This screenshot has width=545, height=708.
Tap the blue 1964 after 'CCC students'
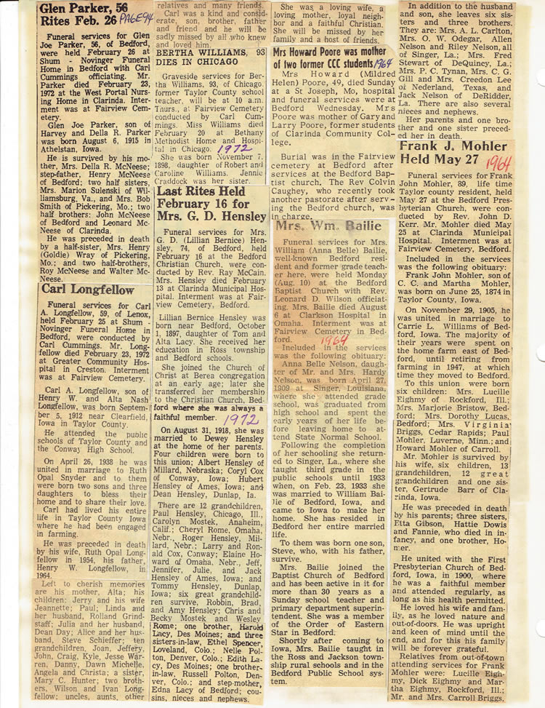tap(382, 63)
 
